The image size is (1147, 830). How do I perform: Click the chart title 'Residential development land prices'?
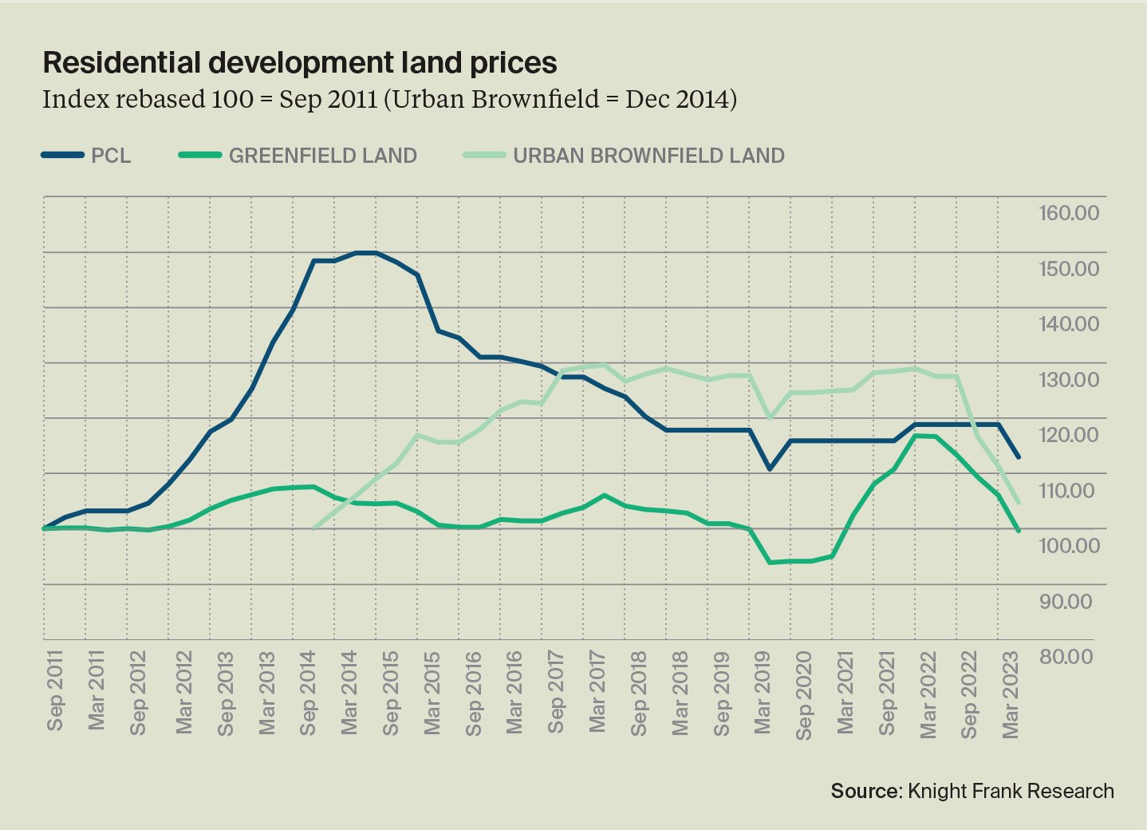[x=299, y=62]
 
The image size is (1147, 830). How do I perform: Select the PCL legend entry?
[x=110, y=156]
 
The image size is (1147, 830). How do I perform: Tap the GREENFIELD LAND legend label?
[x=322, y=156]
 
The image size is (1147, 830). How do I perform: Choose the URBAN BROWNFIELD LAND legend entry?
[x=648, y=156]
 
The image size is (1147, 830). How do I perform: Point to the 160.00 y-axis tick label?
[x=1068, y=214]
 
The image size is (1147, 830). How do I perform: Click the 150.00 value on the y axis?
[x=1068, y=269]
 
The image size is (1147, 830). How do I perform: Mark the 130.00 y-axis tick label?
[x=1068, y=380]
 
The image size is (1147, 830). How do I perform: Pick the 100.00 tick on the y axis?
[x=1068, y=546]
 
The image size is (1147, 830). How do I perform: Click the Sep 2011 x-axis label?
[x=54, y=691]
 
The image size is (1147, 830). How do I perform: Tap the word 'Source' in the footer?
[x=865, y=791]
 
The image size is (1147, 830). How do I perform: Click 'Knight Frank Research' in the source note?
[x=1011, y=791]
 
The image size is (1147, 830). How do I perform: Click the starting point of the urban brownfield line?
[x=313, y=528]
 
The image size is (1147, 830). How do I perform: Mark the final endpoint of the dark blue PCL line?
[x=1019, y=457]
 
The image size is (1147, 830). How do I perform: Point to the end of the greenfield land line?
[x=1019, y=531]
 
